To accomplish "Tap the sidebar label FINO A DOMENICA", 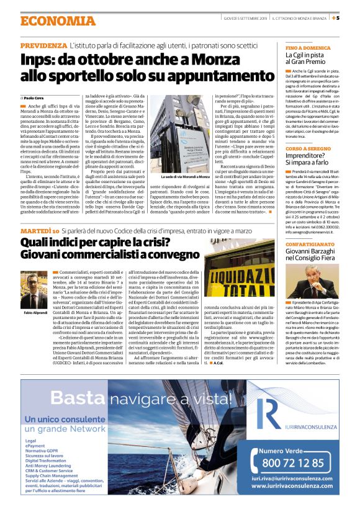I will tap(307, 47).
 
